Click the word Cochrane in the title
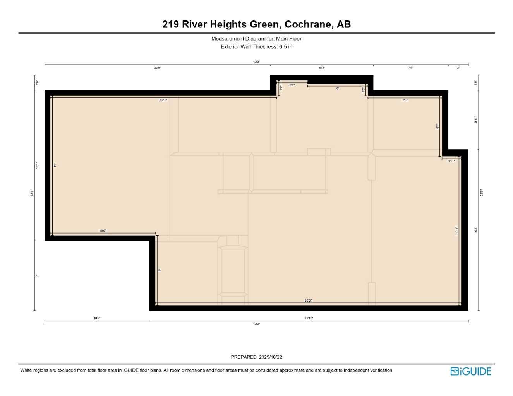click(x=308, y=24)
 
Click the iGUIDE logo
click(x=471, y=371)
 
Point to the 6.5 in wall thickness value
click(x=286, y=47)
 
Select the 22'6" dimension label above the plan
click(x=158, y=68)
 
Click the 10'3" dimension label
click(x=322, y=68)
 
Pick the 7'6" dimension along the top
click(x=410, y=68)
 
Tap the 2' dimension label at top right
click(x=458, y=68)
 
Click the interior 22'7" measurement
click(x=163, y=100)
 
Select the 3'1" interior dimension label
click(x=292, y=85)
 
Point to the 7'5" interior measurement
click(x=405, y=100)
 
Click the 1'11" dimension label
click(x=451, y=161)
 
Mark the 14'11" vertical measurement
click(x=456, y=231)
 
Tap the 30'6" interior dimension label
click(x=308, y=300)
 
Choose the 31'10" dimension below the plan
click(x=309, y=318)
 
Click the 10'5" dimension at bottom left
click(x=97, y=318)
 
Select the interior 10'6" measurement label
click(x=103, y=231)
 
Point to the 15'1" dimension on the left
click(x=38, y=165)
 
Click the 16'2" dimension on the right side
click(x=476, y=230)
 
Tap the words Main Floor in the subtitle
click(x=288, y=39)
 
